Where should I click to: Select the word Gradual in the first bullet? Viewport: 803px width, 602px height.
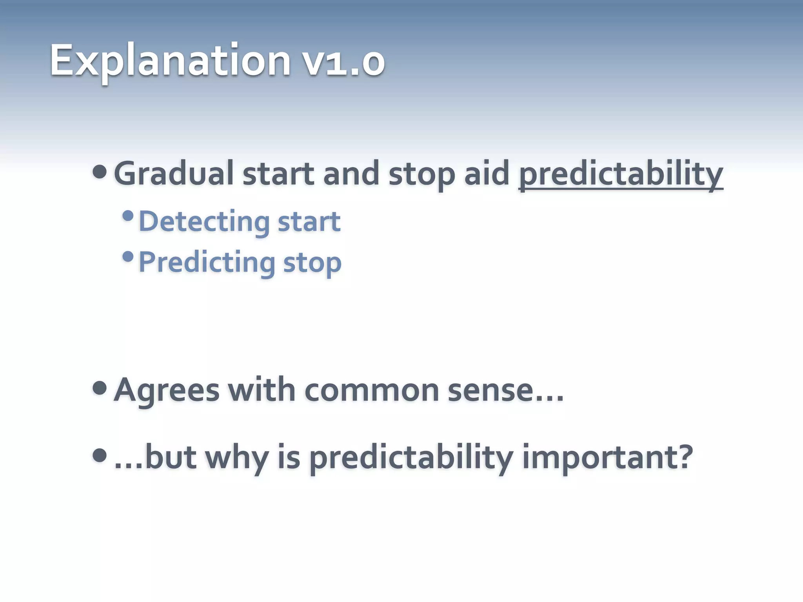pos(173,174)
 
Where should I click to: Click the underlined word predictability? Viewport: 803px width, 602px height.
pos(621,175)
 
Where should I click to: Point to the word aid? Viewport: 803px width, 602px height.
pos(487,174)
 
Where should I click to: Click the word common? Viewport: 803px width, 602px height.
pos(372,390)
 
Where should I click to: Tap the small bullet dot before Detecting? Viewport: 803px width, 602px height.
pos(128,216)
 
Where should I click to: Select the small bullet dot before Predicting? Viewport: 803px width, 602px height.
pos(128,257)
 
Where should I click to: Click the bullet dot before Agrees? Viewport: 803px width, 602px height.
pos(100,388)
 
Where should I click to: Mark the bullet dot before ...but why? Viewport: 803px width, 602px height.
pos(100,455)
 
